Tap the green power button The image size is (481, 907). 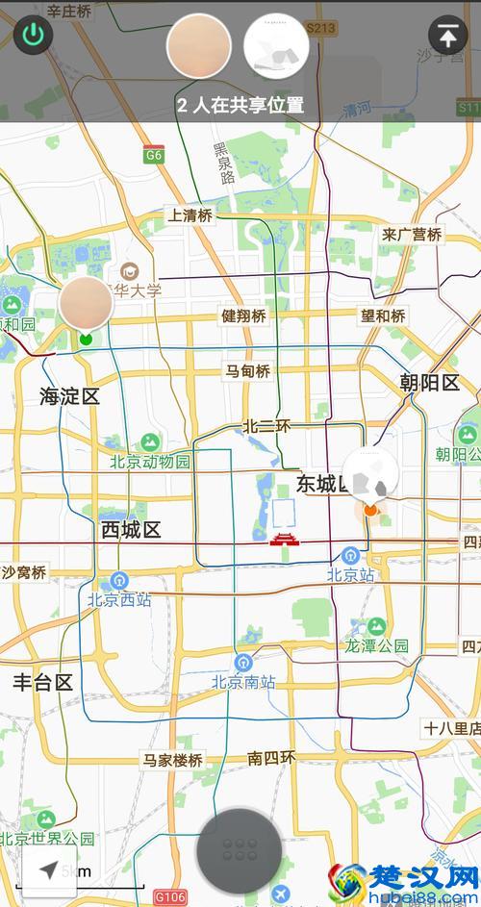(x=34, y=36)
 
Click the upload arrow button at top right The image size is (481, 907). (x=447, y=36)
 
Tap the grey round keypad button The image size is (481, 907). (x=240, y=850)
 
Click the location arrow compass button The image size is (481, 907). (x=46, y=871)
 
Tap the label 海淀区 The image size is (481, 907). (x=70, y=396)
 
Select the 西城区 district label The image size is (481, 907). (x=131, y=530)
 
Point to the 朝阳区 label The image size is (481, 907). (x=430, y=383)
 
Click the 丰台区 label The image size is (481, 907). (x=42, y=683)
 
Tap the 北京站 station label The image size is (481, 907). (x=349, y=574)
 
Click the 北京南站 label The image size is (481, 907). (x=243, y=682)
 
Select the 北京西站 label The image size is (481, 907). (x=119, y=599)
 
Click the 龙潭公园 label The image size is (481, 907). (x=377, y=645)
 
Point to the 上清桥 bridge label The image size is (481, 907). (x=190, y=215)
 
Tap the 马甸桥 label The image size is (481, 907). (x=247, y=370)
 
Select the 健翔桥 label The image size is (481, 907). (x=243, y=315)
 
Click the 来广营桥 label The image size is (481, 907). (x=412, y=234)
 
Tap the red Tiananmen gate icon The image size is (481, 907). (x=285, y=539)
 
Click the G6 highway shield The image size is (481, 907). (x=154, y=154)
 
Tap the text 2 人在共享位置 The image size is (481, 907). (x=240, y=105)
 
